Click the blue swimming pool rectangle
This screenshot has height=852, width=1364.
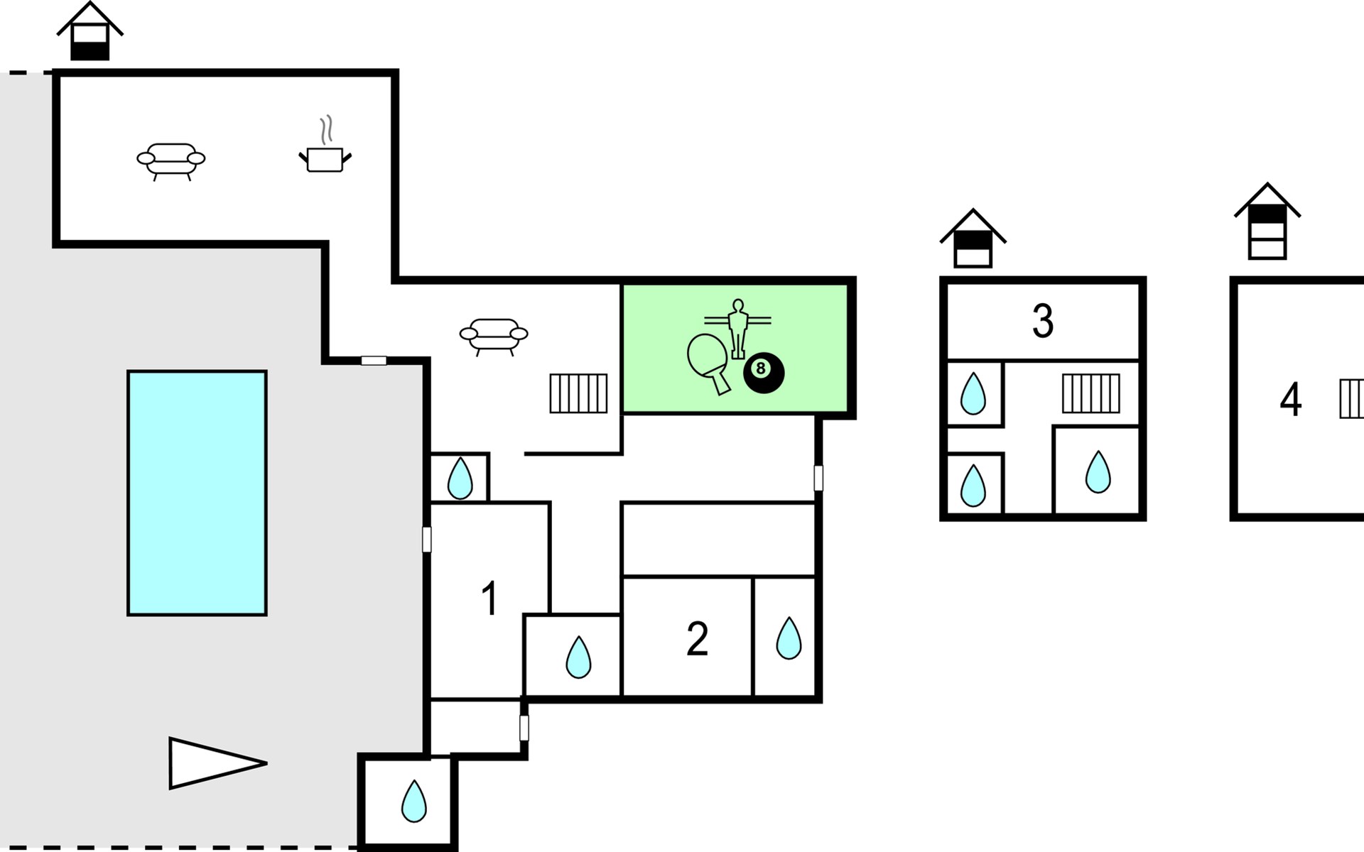click(x=197, y=493)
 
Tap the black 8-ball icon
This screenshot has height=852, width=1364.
click(x=764, y=372)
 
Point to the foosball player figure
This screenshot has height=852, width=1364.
click(x=738, y=327)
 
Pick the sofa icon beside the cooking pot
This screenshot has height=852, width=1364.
click(x=170, y=160)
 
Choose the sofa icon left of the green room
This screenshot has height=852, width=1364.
click(x=494, y=335)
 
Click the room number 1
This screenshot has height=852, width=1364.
click(x=489, y=599)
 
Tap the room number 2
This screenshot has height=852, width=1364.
click(x=697, y=639)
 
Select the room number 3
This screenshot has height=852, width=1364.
click(x=1042, y=321)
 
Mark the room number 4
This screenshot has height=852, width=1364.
click(x=1290, y=400)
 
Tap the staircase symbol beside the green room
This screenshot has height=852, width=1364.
click(x=578, y=393)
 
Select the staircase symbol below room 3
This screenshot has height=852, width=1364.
click(x=1090, y=393)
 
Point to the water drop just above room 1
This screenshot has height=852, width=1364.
click(x=460, y=479)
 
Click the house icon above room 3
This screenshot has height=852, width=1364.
click(x=973, y=239)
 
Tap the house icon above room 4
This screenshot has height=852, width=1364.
click(x=1267, y=222)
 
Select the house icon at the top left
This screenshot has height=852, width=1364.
click(x=90, y=32)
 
